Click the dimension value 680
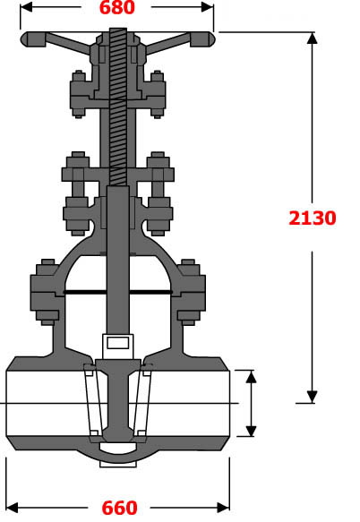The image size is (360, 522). pos(116,9)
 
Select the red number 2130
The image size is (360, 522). pos(313,218)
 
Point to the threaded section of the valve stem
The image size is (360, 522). pos(117,107)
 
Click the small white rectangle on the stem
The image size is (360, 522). pos(117,341)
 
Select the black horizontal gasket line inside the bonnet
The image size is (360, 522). pos(117,292)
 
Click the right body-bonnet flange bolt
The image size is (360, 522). pos(189,292)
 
